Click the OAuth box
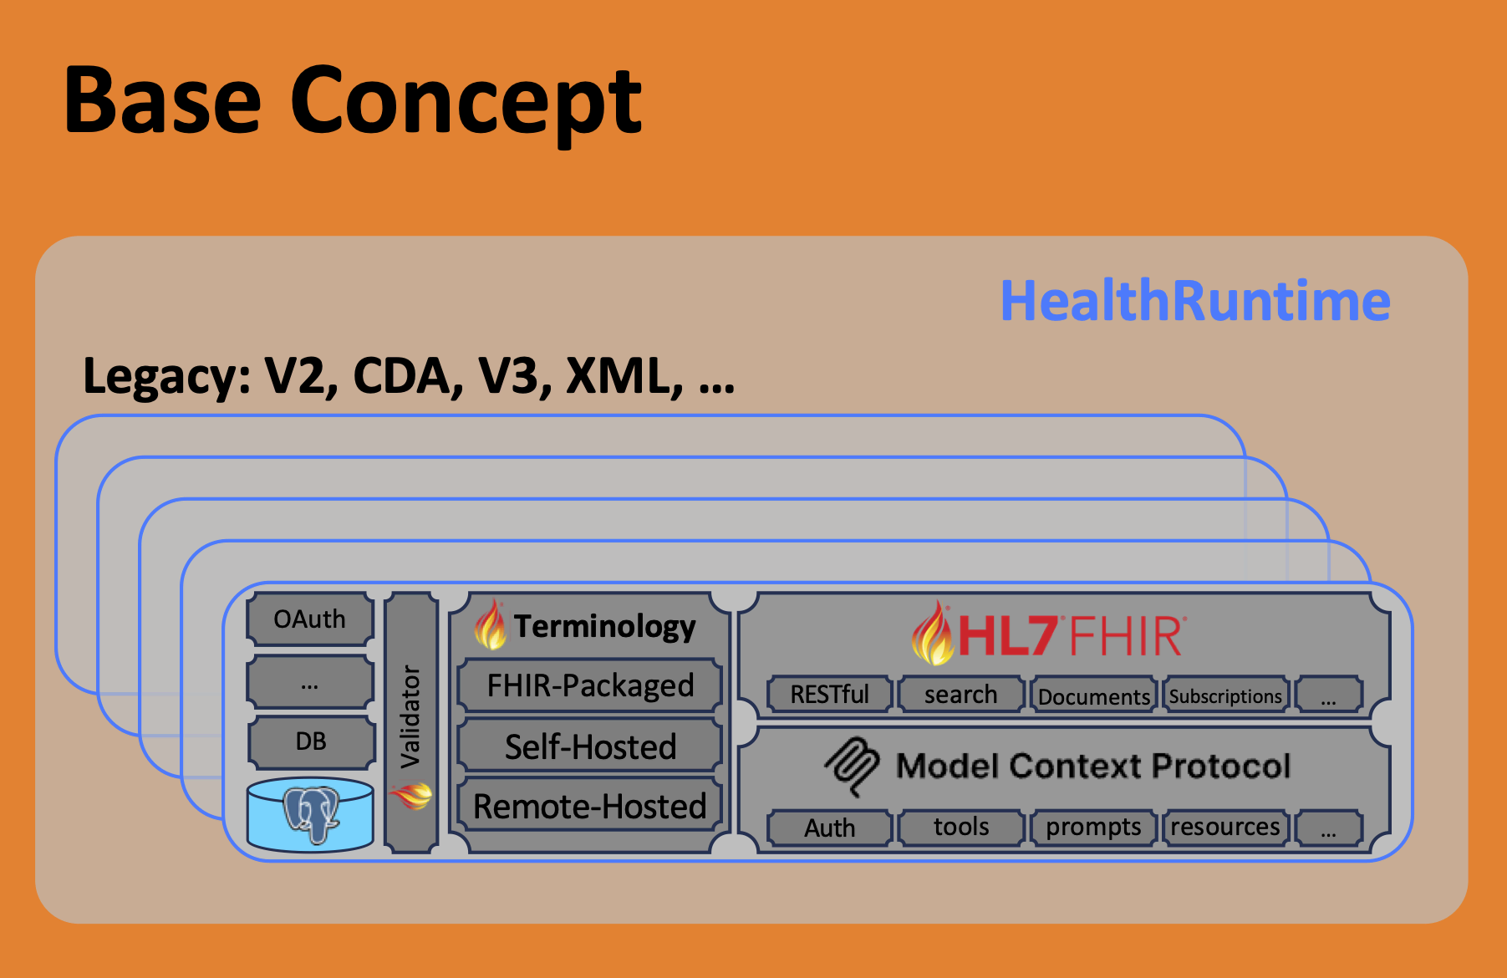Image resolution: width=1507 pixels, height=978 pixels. (310, 619)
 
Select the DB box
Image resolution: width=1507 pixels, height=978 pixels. (311, 741)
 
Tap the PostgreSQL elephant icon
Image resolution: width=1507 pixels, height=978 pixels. (311, 814)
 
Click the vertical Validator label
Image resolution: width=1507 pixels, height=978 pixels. (410, 716)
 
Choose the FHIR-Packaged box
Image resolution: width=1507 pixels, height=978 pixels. (590, 685)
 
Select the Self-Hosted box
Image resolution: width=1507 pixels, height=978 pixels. (590, 746)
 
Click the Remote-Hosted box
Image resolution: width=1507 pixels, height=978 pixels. (590, 807)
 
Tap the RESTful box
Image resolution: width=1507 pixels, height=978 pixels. (829, 695)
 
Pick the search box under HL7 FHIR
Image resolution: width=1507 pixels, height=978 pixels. (960, 695)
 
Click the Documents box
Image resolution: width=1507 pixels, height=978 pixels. (1093, 695)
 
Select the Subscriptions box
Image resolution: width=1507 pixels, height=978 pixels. (1225, 695)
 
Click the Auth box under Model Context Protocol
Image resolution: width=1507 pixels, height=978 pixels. (829, 828)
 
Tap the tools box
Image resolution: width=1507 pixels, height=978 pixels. (961, 827)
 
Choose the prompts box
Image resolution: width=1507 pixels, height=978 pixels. (1093, 827)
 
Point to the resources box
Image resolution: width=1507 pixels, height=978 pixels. (1225, 827)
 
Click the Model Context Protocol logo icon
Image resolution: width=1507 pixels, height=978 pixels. (853, 765)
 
